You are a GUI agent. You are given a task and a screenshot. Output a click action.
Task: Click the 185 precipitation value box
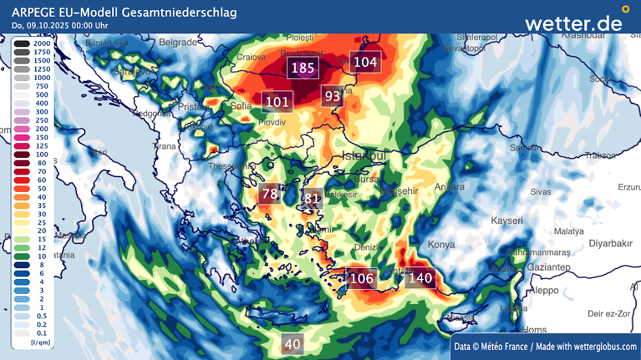[x=302, y=68]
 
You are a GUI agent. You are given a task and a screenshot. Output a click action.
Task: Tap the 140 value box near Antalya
[x=420, y=278]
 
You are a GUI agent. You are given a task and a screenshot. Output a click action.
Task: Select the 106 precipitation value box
[x=361, y=278]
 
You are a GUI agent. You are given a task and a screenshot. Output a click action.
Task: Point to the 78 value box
[x=270, y=194]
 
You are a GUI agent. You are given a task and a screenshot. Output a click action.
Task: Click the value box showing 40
[x=292, y=344]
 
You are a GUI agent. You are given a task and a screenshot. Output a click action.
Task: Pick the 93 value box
[x=332, y=96]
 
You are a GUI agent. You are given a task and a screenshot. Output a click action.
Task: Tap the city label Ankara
[x=450, y=187]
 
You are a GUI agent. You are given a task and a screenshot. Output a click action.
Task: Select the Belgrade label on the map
[x=178, y=42]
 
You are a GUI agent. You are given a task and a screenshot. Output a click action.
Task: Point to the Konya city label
[x=441, y=244]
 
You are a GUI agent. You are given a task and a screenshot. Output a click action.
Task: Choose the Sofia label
[x=241, y=106]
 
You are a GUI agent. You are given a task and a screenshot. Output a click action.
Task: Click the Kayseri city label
[x=506, y=221]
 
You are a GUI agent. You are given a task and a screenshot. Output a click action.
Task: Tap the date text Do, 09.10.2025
[x=41, y=25]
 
